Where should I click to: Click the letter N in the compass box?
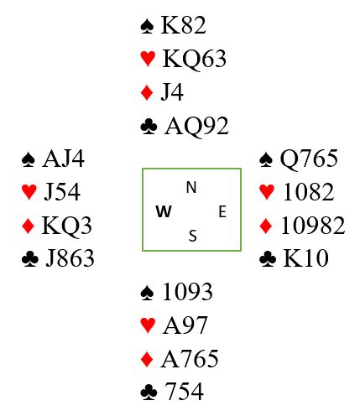tap(191, 187)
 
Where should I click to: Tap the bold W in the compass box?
tap(164, 211)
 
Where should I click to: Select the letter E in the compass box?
tap(222, 211)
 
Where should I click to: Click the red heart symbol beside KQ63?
tap(148, 59)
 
